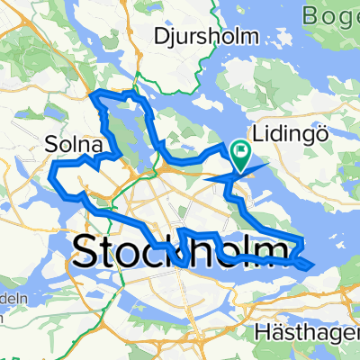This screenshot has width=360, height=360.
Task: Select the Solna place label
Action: [68, 143]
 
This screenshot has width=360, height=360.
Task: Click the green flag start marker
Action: [241, 155]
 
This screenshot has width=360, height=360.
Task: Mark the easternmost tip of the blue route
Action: [312, 265]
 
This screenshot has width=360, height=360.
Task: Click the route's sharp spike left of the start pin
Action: [209, 177]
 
